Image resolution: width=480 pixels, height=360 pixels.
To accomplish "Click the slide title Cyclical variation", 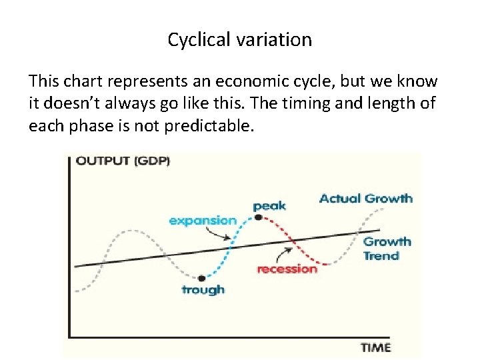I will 239,40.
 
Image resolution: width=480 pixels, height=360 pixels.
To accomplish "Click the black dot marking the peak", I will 257,217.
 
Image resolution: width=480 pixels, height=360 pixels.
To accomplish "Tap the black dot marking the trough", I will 200,277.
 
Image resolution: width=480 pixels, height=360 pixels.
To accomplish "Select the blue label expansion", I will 203,221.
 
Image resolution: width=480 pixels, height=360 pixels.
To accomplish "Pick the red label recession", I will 287,269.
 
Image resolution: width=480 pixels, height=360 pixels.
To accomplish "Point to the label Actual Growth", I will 365,198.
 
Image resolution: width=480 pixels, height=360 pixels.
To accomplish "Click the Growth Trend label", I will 386,249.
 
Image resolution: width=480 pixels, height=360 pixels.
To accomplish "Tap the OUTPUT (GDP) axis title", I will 123,161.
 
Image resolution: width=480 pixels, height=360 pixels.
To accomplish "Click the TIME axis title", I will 375,347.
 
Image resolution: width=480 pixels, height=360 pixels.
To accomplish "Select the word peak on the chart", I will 269,205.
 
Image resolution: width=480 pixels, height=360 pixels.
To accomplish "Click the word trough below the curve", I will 203,289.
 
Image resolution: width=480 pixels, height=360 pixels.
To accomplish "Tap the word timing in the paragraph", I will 312,104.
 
